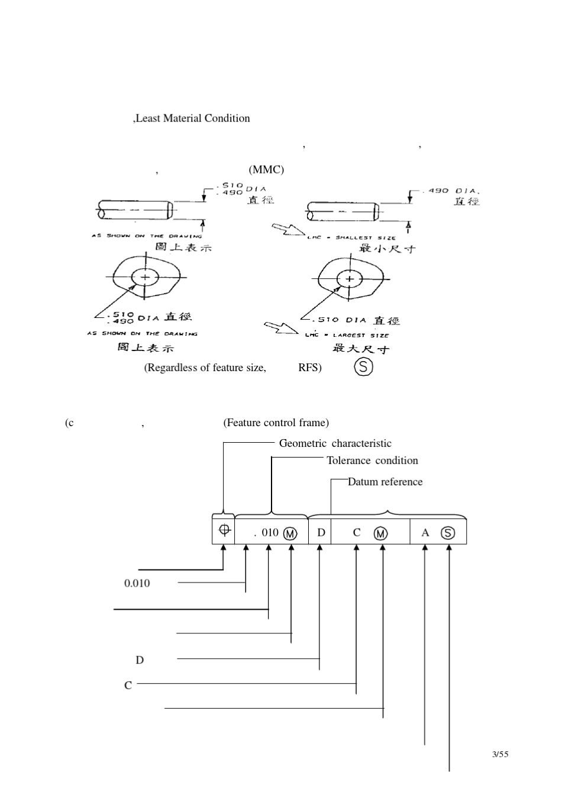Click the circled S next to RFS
(363, 368)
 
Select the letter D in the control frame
(321, 532)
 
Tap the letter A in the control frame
(425, 533)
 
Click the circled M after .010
(290, 533)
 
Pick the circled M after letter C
(381, 533)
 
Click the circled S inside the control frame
(448, 533)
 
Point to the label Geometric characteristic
(335, 443)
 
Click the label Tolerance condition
(372, 461)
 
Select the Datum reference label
(385, 482)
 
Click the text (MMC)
(266, 170)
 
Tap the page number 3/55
(500, 754)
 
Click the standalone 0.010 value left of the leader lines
(137, 583)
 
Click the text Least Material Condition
(192, 118)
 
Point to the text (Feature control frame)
(276, 423)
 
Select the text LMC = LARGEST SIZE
(347, 335)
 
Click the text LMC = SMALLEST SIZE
(347, 238)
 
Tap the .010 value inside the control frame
(267, 532)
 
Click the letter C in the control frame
(356, 533)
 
